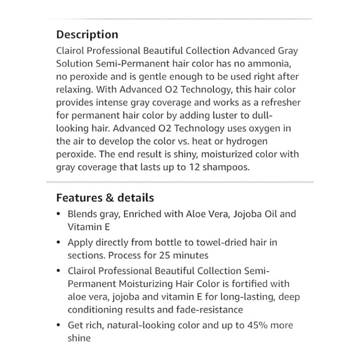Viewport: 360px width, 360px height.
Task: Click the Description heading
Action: click(87, 35)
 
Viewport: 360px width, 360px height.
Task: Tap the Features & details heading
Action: click(105, 198)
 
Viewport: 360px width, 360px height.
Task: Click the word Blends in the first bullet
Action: click(83, 214)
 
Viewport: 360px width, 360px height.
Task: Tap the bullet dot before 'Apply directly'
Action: click(58, 243)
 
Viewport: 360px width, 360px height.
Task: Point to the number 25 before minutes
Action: click(156, 256)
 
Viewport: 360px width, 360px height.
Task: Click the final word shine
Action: click(79, 338)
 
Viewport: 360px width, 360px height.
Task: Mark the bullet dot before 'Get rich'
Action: click(58, 325)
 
